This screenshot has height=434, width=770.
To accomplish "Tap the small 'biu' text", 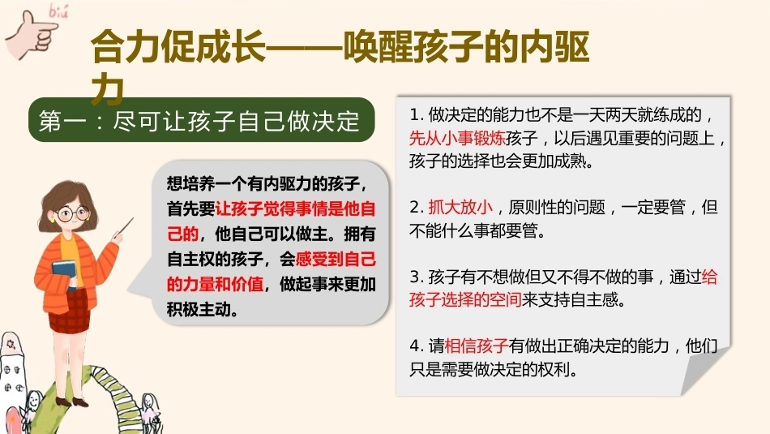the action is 58,11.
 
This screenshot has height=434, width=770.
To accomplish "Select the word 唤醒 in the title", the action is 378,48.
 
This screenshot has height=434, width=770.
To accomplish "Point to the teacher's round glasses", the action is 73,214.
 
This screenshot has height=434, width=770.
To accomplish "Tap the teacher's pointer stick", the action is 125,228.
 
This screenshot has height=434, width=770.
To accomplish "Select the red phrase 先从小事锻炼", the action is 458,138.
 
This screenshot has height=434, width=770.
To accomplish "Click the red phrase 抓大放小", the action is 460,207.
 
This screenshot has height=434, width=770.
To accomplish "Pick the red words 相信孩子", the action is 476,346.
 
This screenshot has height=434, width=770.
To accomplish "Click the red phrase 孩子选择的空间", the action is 465,299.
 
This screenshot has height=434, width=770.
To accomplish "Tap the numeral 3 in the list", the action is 414,277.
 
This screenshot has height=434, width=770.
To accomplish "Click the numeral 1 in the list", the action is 414,115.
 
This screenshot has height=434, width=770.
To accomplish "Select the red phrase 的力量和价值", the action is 215,284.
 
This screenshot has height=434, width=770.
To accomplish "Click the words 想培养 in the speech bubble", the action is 190,183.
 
